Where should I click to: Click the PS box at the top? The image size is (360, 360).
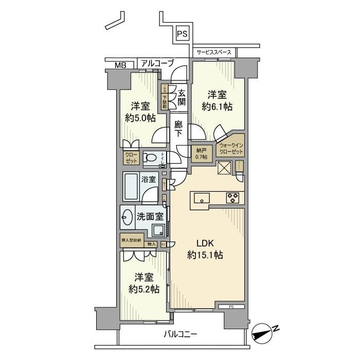click(182, 33)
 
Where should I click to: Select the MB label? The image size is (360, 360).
click(120, 65)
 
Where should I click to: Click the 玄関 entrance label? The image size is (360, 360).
click(182, 97)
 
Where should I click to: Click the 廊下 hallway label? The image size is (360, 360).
click(178, 129)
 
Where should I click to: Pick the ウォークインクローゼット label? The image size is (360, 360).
click(231, 149)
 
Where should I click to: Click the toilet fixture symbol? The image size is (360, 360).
click(151, 158)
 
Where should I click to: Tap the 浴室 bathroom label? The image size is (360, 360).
click(149, 181)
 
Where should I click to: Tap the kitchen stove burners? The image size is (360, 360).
click(231, 196)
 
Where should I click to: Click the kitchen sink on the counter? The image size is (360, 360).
click(201, 197)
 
